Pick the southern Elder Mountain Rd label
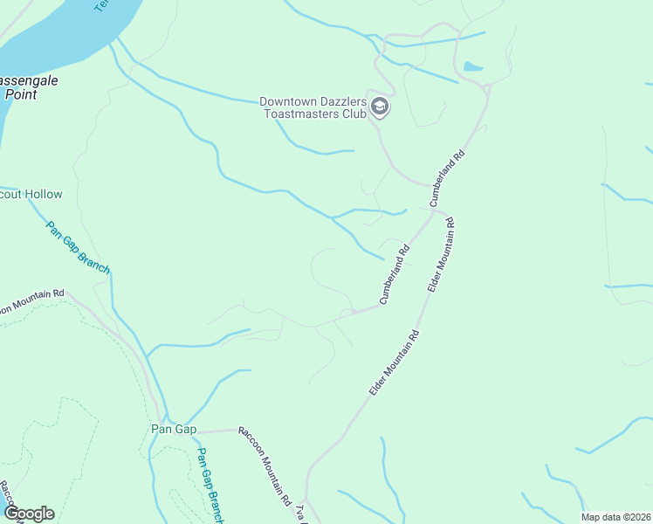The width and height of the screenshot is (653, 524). point(394,363)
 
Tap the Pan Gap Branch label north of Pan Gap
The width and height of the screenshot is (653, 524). point(79,247)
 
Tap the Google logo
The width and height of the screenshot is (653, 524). point(29,514)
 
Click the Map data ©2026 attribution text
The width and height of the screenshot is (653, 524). point(615,517)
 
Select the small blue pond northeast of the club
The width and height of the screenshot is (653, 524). point(472,66)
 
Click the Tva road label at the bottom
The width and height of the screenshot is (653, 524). point(302,514)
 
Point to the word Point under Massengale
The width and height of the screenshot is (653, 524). point(19,94)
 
